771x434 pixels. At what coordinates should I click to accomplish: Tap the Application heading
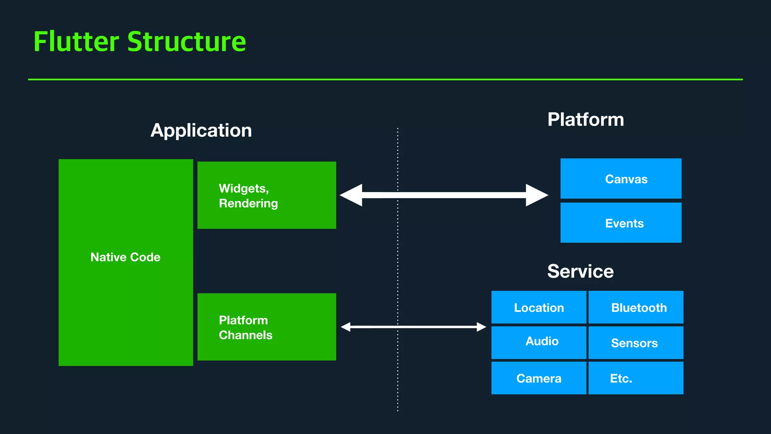tap(201, 130)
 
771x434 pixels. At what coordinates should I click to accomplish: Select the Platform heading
tap(585, 119)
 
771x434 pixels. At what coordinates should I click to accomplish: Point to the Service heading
tap(580, 271)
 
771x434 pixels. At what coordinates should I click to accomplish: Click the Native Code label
tap(125, 257)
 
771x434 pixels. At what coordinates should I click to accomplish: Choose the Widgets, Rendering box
tap(267, 195)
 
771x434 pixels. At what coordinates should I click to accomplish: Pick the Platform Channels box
tap(267, 327)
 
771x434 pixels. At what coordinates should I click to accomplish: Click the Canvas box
tap(621, 179)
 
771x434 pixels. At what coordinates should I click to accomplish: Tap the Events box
tap(621, 223)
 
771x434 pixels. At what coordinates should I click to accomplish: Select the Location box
tap(539, 307)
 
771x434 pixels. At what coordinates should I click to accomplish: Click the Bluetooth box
tap(636, 307)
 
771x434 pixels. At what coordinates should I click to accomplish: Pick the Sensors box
tap(636, 343)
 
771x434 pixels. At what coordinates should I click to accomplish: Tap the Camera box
tap(539, 378)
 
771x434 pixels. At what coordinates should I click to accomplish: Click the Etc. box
tap(636, 378)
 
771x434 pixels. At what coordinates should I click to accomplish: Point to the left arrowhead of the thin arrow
tap(346, 327)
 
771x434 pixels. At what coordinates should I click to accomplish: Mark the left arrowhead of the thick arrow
tap(351, 195)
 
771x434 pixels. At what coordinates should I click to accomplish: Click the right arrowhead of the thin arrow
tap(481, 327)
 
